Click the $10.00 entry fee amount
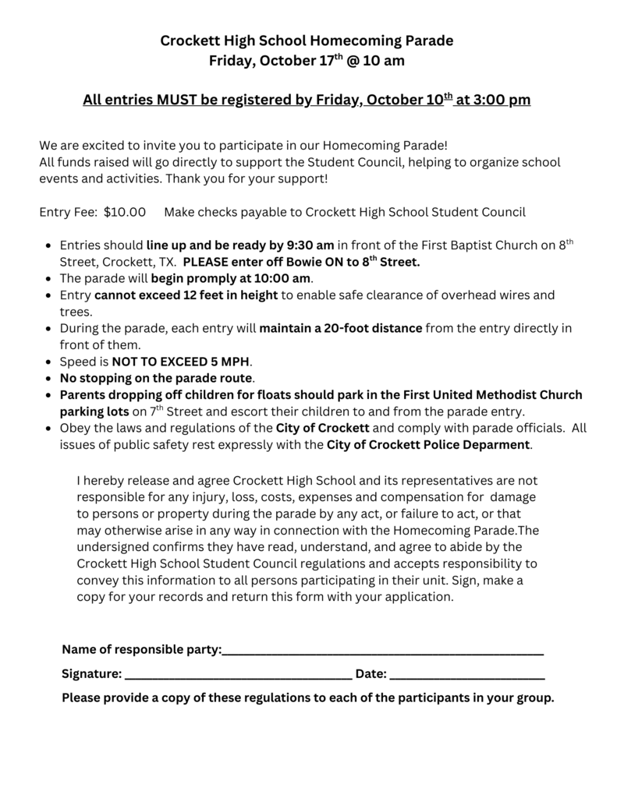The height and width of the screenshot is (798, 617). coord(125,211)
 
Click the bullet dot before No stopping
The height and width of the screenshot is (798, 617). coord(51,379)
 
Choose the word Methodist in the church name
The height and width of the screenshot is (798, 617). coord(508,395)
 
